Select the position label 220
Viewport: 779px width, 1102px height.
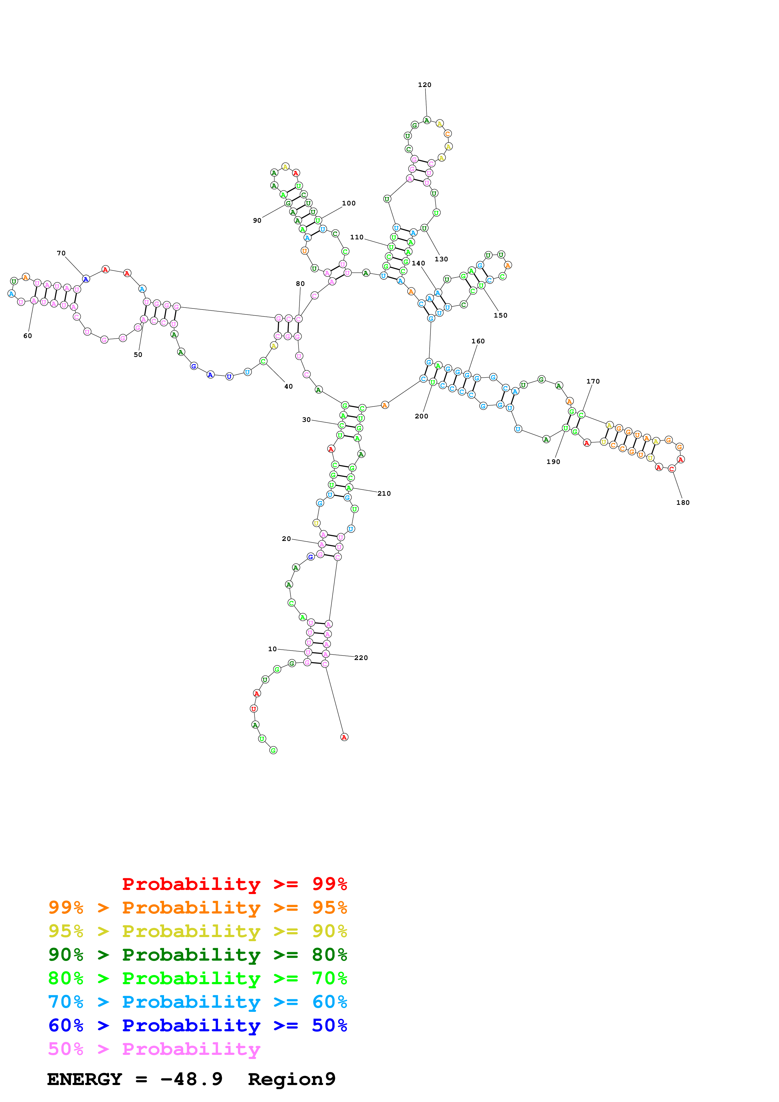pyautogui.click(x=361, y=657)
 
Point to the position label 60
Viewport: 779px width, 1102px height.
pyautogui.click(x=28, y=336)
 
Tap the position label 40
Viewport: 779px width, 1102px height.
pyautogui.click(x=288, y=386)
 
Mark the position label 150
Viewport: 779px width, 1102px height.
pyautogui.click(x=500, y=315)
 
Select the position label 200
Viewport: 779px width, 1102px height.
pyautogui.click(x=421, y=416)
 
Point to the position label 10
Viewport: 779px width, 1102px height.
pyautogui.click(x=272, y=649)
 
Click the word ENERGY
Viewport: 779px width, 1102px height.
pyautogui.click(x=85, y=1079)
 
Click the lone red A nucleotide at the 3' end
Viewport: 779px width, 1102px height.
pyautogui.click(x=344, y=737)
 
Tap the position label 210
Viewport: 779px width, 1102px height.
pyautogui.click(x=384, y=494)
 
